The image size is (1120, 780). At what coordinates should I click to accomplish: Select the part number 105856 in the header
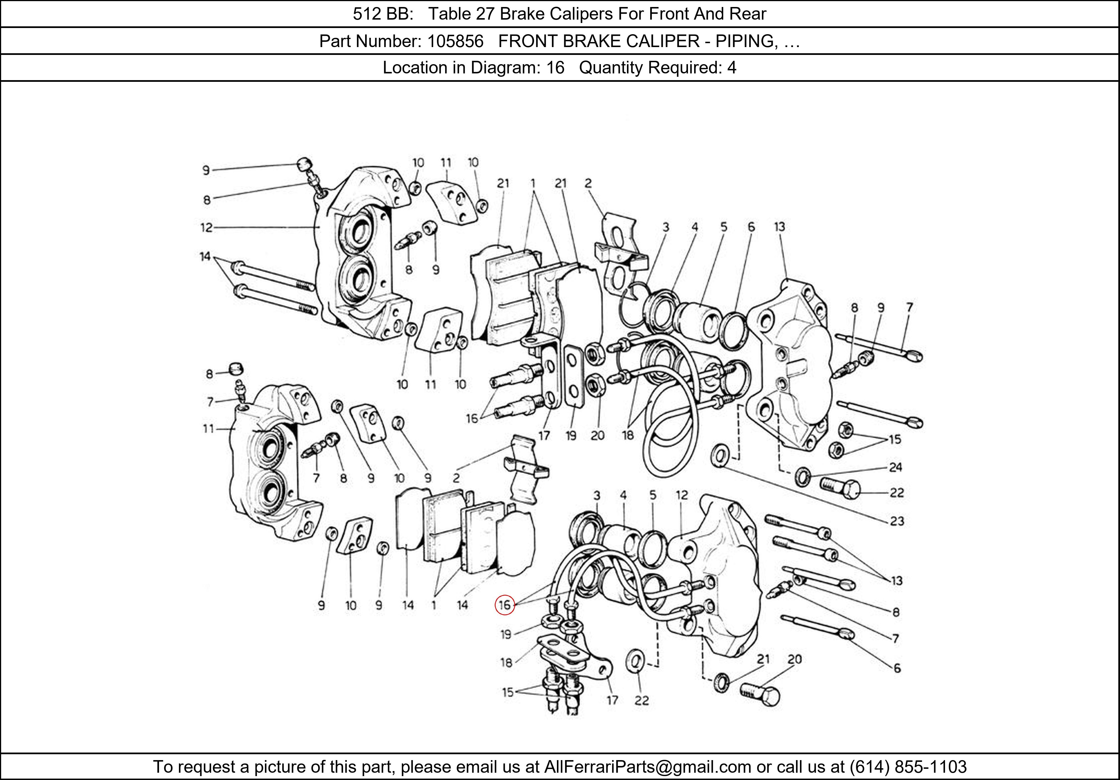point(455,41)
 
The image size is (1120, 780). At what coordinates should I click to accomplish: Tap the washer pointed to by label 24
point(802,476)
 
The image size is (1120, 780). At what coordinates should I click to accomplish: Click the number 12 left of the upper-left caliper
point(206,227)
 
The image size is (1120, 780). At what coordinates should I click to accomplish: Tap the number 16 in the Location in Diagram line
point(555,67)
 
